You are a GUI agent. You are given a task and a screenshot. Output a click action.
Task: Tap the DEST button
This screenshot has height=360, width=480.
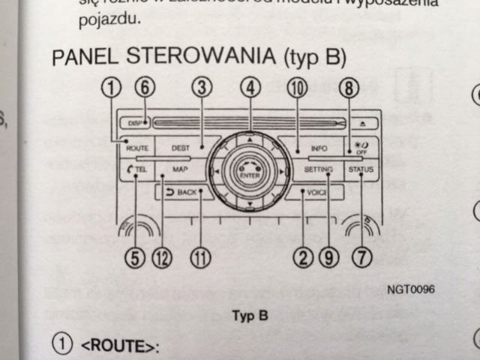pyautogui.click(x=180, y=148)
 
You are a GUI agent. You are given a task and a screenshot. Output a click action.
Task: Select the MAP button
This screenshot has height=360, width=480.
pyautogui.click(x=179, y=170)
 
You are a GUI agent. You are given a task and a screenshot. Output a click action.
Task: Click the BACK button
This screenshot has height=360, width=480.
pyautogui.click(x=182, y=193)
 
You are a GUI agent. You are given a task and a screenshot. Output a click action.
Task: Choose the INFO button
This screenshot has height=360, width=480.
pyautogui.click(x=318, y=148)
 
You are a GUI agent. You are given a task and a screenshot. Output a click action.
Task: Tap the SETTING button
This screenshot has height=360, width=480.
pyautogui.click(x=318, y=170)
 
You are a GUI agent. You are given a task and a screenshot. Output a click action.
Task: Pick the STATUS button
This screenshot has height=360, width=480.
pyautogui.click(x=361, y=170)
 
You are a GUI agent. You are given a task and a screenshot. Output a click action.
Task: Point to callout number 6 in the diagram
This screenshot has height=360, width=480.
pyautogui.click(x=145, y=87)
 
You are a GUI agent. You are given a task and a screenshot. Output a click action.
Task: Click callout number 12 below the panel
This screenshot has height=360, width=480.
pyautogui.click(x=162, y=258)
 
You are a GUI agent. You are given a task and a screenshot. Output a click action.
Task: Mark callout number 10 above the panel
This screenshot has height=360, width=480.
pyautogui.click(x=298, y=87)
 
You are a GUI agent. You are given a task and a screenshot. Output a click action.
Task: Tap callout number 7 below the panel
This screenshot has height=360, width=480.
pyautogui.click(x=363, y=258)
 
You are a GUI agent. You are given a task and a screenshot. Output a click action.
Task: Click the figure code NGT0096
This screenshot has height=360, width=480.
pyautogui.click(x=411, y=289)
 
